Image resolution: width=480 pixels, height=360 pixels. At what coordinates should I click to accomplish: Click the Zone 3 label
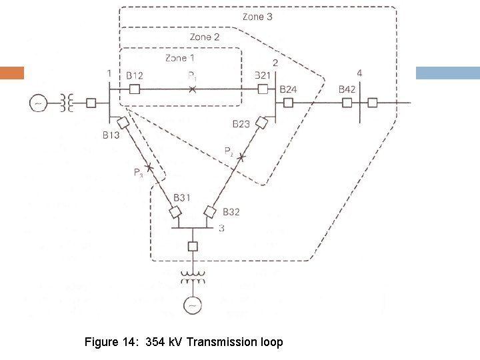click(x=256, y=16)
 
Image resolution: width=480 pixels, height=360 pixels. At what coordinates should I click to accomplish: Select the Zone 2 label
click(x=204, y=37)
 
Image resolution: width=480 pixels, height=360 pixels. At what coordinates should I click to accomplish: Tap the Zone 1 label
click(x=176, y=58)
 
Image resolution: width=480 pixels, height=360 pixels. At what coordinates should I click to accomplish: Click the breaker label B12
click(x=135, y=76)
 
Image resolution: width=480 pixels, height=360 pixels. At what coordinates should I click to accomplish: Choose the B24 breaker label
click(x=288, y=89)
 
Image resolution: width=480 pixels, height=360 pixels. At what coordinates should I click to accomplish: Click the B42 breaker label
click(x=347, y=89)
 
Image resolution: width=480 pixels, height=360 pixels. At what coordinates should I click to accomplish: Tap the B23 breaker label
click(x=241, y=124)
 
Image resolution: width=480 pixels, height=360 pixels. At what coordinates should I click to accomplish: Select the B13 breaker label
click(x=111, y=135)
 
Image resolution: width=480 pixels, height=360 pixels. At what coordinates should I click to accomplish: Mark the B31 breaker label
click(x=181, y=197)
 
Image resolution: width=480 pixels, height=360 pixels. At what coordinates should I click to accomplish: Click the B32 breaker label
click(x=231, y=212)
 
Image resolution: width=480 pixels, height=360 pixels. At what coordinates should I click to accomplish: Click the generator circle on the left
click(x=37, y=103)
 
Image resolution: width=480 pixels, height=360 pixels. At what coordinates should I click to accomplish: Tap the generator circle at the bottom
click(x=193, y=304)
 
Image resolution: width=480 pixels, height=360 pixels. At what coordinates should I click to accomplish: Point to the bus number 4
click(x=359, y=73)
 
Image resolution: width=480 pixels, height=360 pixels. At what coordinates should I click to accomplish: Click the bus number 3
click(x=221, y=229)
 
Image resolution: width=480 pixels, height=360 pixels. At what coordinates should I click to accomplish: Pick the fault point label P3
click(x=138, y=173)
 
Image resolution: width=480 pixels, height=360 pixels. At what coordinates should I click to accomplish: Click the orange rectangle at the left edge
click(x=11, y=73)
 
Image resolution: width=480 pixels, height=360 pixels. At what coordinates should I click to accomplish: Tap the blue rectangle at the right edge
click(x=447, y=73)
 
